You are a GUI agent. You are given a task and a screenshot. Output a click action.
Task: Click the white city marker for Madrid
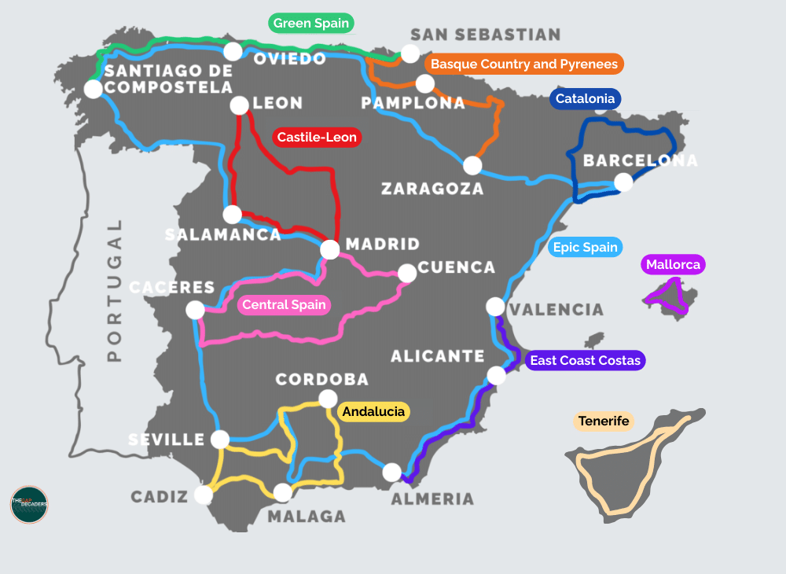330,249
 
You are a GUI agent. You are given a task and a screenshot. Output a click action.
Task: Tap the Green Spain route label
311,24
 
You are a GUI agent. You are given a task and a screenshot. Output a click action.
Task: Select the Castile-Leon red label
317,138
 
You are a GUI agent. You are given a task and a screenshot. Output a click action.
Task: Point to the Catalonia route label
585,99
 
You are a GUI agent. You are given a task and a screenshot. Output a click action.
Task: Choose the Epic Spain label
586,248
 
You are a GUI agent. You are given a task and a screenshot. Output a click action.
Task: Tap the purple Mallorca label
673,264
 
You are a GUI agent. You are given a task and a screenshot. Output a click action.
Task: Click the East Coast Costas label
586,361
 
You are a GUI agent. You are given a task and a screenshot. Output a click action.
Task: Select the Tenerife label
604,421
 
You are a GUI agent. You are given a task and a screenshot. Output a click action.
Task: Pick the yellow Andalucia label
373,411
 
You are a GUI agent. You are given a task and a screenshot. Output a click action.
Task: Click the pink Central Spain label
284,305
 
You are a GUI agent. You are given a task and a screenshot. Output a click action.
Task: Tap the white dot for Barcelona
623,182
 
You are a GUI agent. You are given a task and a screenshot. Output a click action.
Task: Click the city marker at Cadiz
203,495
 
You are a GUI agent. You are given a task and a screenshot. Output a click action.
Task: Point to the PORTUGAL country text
115,290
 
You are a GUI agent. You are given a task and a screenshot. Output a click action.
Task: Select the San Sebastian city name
486,35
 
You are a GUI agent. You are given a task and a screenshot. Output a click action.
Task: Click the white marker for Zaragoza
472,165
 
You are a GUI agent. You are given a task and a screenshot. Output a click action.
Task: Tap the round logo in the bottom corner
29,504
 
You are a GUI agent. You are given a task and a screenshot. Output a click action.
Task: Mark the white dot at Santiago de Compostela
93,89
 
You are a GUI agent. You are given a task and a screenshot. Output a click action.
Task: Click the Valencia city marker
495,306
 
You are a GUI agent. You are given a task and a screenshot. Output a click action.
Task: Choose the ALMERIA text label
432,499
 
